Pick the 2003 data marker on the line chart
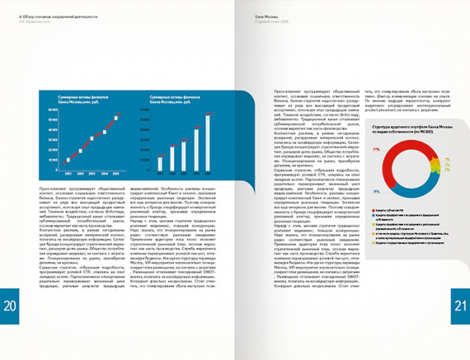pyautogui.click(x=92, y=144)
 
